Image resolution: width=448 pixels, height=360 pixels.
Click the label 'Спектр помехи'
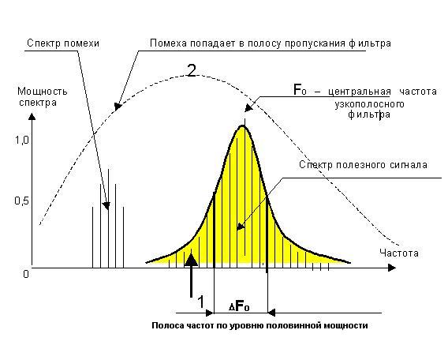63,43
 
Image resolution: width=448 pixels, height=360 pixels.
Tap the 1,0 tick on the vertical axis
22,141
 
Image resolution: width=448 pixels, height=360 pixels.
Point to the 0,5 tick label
22,201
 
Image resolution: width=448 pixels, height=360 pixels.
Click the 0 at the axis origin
26,274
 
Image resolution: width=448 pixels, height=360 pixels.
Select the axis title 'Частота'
399,253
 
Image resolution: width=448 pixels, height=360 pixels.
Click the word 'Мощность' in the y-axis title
43,92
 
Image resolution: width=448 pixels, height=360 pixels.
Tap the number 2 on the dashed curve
192,70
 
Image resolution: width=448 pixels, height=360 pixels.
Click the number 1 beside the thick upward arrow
201,302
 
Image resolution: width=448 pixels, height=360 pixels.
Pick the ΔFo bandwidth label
239,306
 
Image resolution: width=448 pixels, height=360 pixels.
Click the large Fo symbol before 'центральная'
300,90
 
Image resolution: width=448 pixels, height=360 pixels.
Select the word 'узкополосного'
369,104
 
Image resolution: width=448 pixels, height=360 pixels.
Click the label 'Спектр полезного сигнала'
363,165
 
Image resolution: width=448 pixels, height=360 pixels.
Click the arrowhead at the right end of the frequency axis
392,268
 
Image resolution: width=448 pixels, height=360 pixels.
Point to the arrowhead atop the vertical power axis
32,117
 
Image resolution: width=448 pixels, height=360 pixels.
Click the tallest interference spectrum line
108,219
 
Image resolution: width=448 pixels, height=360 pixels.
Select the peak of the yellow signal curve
243,126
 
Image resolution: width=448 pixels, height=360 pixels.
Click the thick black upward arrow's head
192,260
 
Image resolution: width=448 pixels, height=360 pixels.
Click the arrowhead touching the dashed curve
118,107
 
